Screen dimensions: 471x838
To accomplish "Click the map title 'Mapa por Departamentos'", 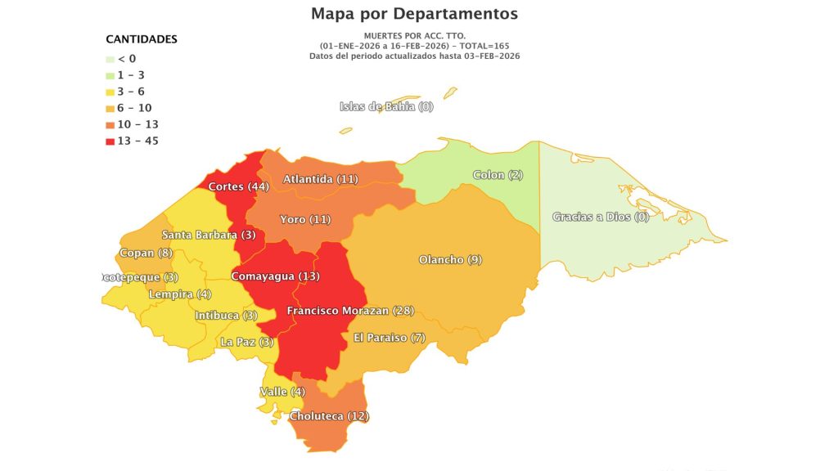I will (x=414, y=14).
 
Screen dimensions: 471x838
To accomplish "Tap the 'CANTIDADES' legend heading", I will (x=142, y=39).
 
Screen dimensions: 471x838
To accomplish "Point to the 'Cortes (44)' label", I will (x=239, y=186).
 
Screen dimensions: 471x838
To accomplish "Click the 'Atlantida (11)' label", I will (x=321, y=179).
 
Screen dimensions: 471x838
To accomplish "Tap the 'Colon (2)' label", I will (x=498, y=175).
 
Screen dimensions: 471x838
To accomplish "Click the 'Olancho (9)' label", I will (x=450, y=260).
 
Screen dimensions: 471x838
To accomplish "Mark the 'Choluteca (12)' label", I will (x=330, y=416).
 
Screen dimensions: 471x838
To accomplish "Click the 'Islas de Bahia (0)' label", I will (x=386, y=107).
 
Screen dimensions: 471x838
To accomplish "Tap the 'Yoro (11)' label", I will (x=304, y=220).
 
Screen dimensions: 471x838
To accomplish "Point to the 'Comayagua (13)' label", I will (x=275, y=276).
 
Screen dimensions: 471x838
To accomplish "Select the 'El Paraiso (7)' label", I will (x=390, y=338).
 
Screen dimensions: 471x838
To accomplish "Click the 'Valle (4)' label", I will (x=282, y=392).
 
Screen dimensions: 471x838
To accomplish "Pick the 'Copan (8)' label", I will (x=146, y=253).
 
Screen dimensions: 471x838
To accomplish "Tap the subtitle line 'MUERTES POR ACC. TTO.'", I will (x=414, y=37).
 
